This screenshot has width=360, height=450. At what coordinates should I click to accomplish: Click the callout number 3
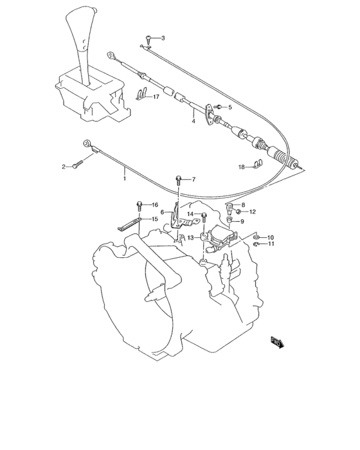163,39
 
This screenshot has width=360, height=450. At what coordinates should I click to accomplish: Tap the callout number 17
156,97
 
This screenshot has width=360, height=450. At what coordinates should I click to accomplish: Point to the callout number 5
230,107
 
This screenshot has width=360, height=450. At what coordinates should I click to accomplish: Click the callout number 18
242,167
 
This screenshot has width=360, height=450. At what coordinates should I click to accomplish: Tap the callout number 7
192,179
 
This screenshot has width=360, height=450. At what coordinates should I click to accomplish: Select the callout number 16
154,205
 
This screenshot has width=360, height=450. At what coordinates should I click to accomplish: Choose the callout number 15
154,219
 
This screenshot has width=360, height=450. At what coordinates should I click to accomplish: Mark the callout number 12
252,212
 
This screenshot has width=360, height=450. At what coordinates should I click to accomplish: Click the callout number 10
270,237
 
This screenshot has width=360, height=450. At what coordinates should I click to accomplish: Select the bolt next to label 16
139,206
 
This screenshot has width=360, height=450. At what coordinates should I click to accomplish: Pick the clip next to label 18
256,165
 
